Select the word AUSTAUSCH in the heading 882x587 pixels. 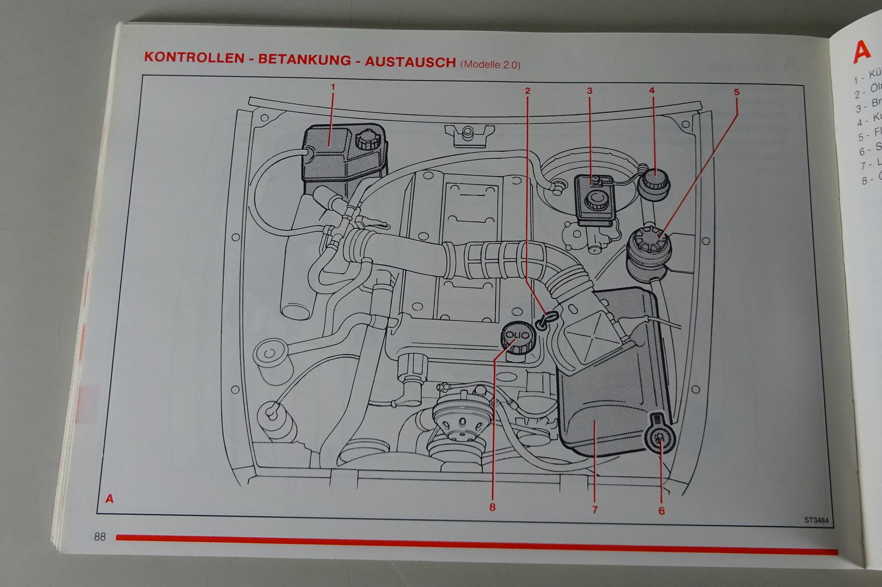(410, 62)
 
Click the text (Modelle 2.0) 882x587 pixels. (490, 64)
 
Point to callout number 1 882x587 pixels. (332, 87)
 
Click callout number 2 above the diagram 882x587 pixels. (528, 90)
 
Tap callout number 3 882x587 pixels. (589, 91)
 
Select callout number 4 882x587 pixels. (652, 90)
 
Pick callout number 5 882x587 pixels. (736, 93)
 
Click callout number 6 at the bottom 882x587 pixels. (661, 511)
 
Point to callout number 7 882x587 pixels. (594, 509)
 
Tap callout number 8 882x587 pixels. (492, 507)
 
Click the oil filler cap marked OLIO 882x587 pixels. (517, 336)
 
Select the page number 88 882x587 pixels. (100, 536)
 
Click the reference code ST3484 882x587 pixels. (816, 520)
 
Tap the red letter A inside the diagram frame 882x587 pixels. (110, 499)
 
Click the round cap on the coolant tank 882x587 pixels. (367, 141)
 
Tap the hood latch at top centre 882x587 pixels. (468, 134)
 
